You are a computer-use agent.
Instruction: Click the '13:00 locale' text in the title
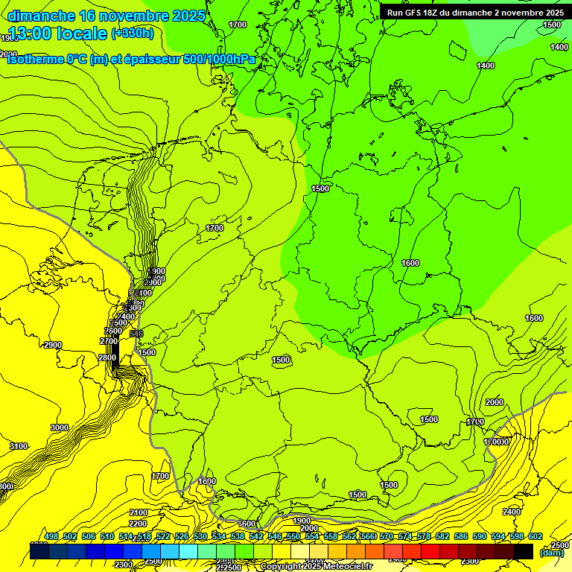(57, 33)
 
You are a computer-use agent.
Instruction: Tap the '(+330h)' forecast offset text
(133, 33)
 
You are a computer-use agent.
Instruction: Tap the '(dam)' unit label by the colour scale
(551, 553)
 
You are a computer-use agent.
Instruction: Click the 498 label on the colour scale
(51, 536)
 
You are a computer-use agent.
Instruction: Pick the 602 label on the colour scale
(536, 536)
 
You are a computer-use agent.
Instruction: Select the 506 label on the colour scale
(89, 536)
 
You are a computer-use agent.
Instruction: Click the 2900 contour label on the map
(53, 345)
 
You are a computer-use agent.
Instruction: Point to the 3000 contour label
(60, 428)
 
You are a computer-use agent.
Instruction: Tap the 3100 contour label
(19, 446)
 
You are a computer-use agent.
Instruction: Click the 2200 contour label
(138, 523)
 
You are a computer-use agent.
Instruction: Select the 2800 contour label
(107, 357)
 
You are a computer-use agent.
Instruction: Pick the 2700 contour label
(109, 341)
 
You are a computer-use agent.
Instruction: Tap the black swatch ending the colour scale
(524, 551)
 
